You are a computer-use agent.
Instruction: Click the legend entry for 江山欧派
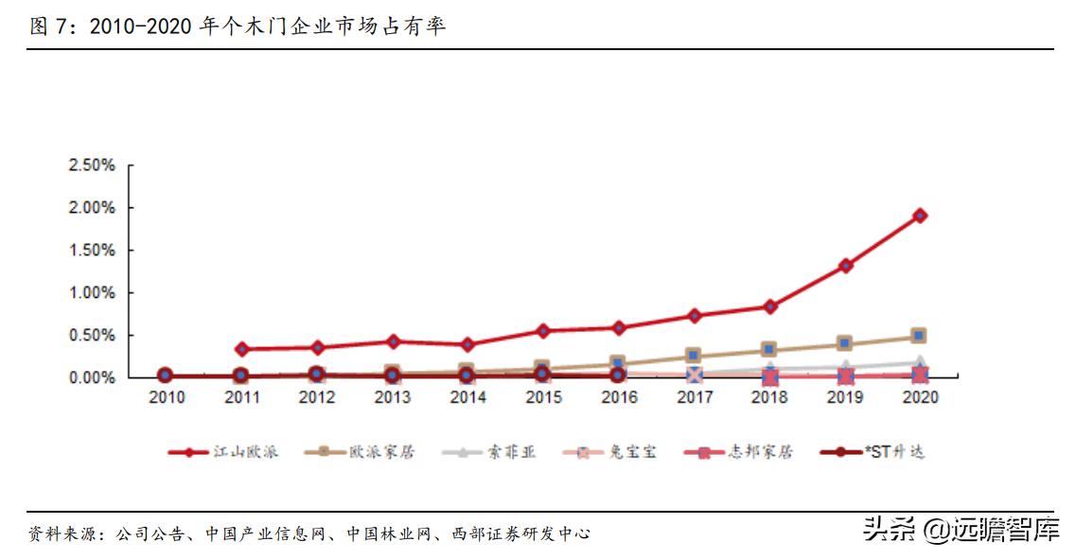pos(222,452)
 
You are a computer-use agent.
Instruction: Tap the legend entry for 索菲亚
pos(488,452)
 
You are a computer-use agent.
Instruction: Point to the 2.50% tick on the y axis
pos(92,166)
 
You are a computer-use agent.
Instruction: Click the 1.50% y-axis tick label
pos(92,251)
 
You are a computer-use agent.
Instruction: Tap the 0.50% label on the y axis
pos(92,336)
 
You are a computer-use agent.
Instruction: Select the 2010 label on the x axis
pos(166,398)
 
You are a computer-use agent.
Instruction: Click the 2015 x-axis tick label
pos(542,398)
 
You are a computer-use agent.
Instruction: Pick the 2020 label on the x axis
pos(919,398)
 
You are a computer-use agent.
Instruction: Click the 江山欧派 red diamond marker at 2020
pos(919,216)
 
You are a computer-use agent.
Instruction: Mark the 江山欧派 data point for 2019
pos(844,266)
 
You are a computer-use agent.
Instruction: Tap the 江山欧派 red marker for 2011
pos(241,349)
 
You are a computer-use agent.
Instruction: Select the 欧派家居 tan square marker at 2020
pos(919,336)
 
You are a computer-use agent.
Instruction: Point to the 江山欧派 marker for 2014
pos(467,345)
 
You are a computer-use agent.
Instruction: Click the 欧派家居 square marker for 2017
pos(694,356)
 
